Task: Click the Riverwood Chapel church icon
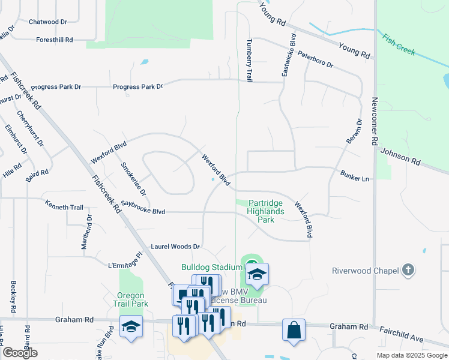point(408,270)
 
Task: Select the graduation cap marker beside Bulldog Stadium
point(257,274)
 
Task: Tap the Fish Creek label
point(398,44)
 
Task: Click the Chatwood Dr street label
point(48,22)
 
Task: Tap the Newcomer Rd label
point(375,127)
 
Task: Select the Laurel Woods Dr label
point(175,247)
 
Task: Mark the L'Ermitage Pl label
point(125,262)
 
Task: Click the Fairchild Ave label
point(402,335)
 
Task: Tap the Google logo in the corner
point(20,353)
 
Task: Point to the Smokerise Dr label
point(133,179)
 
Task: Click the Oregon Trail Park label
point(130,300)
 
